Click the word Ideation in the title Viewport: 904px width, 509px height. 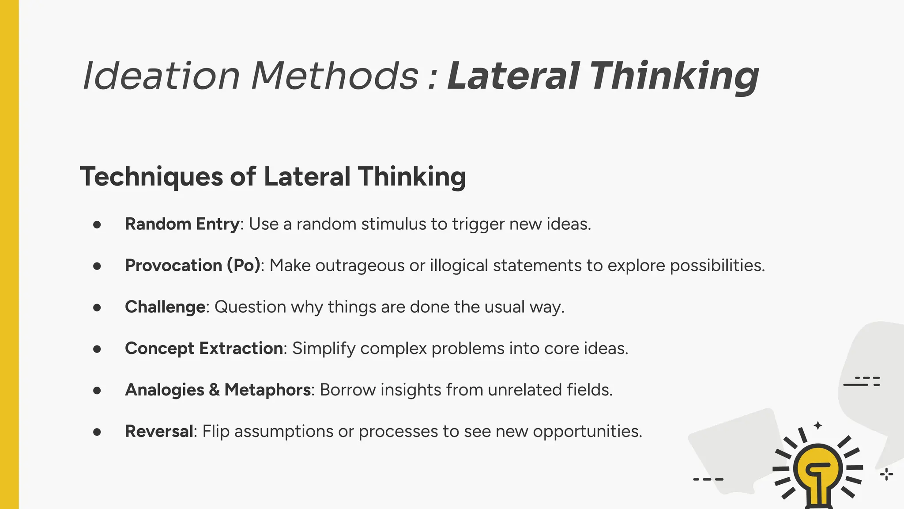[x=161, y=76]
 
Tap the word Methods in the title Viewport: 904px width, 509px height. [x=335, y=76]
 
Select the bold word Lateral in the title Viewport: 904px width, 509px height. [x=512, y=76]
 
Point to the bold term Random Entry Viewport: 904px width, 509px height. [x=182, y=224]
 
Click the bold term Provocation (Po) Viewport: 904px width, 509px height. [x=193, y=266]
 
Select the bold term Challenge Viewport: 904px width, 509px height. [x=165, y=307]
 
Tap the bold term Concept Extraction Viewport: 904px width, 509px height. [x=204, y=349]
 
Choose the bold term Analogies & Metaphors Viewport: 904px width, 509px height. [x=218, y=390]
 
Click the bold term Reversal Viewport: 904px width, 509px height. [x=159, y=431]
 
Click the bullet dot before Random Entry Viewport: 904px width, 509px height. [x=97, y=224]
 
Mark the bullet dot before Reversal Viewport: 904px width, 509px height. [x=97, y=432]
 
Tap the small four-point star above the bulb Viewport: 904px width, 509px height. [x=818, y=425]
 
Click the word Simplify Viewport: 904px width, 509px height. [x=324, y=349]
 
